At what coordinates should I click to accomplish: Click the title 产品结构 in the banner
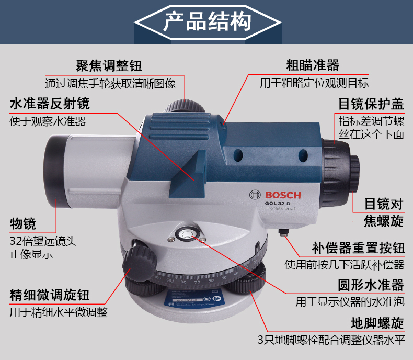(x=207, y=21)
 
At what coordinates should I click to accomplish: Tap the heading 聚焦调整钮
(x=109, y=65)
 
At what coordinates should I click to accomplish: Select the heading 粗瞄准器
(x=313, y=65)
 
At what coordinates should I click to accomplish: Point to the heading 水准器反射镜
(x=50, y=103)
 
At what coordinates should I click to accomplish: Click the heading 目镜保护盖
(x=371, y=104)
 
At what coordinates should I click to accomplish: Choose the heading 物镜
(x=22, y=224)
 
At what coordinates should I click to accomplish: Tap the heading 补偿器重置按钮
(x=358, y=248)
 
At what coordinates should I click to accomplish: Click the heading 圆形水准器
(x=371, y=285)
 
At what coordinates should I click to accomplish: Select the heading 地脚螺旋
(x=377, y=323)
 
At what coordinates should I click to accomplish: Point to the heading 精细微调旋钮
(x=50, y=295)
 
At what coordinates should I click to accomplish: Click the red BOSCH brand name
(x=283, y=195)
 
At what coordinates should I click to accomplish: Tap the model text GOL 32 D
(x=278, y=203)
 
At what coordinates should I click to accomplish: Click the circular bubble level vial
(x=187, y=234)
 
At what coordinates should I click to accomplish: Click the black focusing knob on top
(x=184, y=106)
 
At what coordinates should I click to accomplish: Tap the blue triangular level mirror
(x=188, y=174)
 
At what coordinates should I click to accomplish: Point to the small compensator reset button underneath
(x=284, y=232)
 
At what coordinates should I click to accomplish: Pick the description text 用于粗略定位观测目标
(x=314, y=83)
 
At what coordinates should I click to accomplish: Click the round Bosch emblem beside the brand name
(x=255, y=195)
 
